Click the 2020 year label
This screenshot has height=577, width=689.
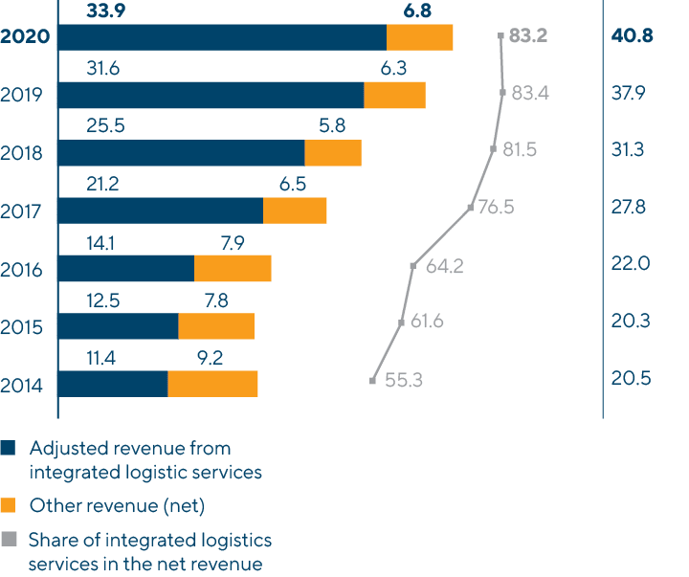[27, 37]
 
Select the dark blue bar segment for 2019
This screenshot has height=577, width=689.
[211, 95]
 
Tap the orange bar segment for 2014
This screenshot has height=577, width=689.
[212, 383]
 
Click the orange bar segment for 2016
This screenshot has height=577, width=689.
[233, 268]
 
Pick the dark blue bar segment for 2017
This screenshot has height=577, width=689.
[161, 211]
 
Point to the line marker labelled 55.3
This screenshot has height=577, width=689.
[372, 381]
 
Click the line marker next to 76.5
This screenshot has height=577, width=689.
[471, 207]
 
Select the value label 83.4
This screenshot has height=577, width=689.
[530, 94]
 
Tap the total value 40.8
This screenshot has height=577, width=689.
[631, 37]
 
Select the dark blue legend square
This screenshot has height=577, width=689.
[9, 448]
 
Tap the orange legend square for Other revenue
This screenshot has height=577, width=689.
[9, 505]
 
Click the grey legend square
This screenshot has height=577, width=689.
[9, 540]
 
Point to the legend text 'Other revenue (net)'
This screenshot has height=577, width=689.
[118, 505]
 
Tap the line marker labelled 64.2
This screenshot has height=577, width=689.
[412, 266]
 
